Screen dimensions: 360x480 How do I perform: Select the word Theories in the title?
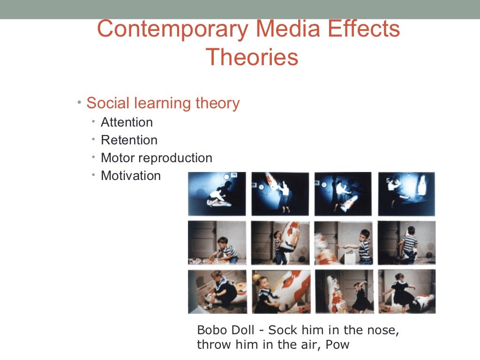coord(252,57)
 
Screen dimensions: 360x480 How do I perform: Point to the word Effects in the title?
coord(364,29)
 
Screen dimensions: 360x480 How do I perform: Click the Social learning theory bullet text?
coord(163,103)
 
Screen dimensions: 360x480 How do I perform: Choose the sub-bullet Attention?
coord(127,122)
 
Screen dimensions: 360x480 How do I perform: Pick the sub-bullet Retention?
coord(129,140)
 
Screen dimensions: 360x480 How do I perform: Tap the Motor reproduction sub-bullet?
coord(157,158)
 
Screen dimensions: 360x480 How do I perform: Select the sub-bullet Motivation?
coord(131,176)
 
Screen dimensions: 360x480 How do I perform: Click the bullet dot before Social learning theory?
coord(80,102)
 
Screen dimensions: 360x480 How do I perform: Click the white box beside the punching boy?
coord(350,256)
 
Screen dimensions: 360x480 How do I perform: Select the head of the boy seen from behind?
coord(411,231)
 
